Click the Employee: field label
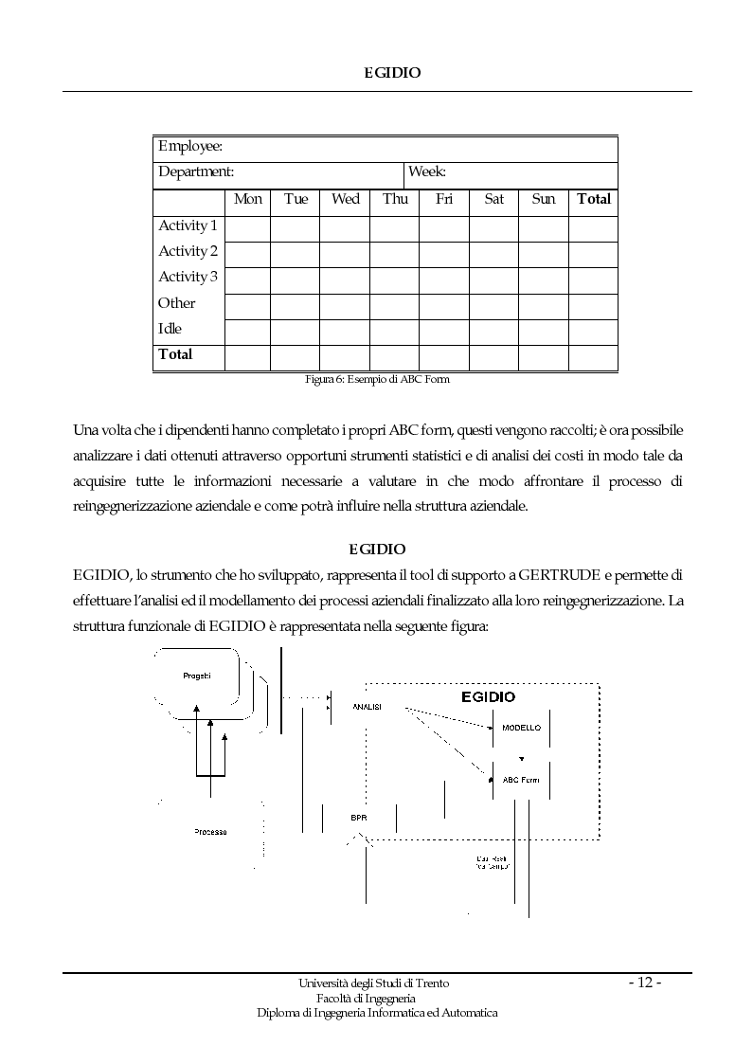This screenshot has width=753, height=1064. [190, 147]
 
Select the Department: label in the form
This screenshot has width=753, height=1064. [196, 172]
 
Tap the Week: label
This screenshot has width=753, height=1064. [427, 172]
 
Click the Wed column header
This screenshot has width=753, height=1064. [345, 199]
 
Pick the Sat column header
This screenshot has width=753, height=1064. [494, 199]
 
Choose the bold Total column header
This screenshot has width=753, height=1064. [594, 199]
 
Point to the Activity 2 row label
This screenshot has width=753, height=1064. [188, 251]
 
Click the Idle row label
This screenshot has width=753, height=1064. [170, 329]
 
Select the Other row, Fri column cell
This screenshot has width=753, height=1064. [444, 306]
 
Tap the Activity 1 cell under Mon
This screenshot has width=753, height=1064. [247, 228]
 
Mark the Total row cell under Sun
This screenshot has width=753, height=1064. [544, 357]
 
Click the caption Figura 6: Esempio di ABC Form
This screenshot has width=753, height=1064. [376, 380]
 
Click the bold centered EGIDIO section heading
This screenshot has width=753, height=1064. [377, 549]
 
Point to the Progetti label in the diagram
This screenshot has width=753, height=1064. [197, 675]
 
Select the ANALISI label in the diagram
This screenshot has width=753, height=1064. [367, 707]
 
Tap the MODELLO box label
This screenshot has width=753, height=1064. [521, 728]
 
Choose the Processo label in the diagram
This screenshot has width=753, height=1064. [210, 831]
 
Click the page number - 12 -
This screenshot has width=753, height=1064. [645, 983]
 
